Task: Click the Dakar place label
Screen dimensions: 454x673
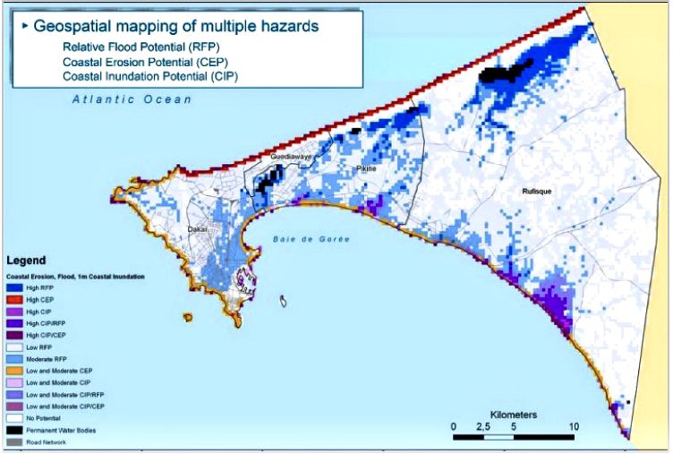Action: pos(198,229)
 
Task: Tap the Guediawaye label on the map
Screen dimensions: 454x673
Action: pos(289,157)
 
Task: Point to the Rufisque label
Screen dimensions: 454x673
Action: pos(540,191)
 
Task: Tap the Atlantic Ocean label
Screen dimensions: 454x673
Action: pos(133,99)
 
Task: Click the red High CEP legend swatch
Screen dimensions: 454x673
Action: pos(16,299)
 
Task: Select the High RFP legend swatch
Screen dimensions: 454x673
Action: pos(16,288)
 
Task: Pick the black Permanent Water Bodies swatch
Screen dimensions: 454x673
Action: pos(16,431)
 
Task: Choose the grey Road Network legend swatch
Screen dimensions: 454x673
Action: pos(16,441)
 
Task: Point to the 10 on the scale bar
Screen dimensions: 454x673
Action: pos(575,424)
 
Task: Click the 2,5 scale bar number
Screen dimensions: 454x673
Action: pos(482,424)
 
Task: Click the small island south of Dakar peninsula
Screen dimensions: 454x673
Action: pos(285,303)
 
